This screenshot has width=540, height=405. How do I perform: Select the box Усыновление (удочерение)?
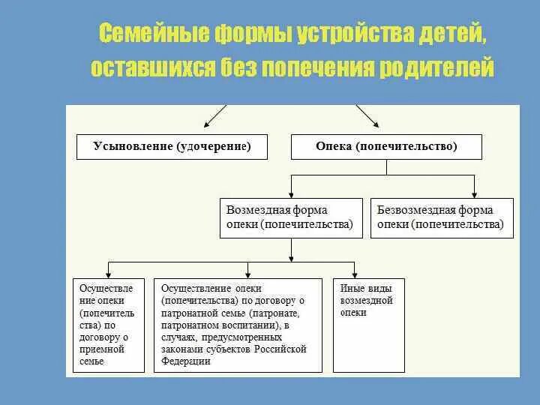pyautogui.click(x=172, y=146)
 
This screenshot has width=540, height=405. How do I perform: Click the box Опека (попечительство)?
pyautogui.click(x=386, y=146)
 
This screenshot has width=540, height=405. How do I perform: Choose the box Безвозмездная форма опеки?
pyautogui.click(x=442, y=217)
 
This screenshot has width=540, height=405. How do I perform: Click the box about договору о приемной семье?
pyautogui.click(x=107, y=325)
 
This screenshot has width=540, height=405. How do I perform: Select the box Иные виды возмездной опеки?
pyautogui.click(x=368, y=325)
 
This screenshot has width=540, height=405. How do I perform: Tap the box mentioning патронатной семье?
pyautogui.click(x=237, y=325)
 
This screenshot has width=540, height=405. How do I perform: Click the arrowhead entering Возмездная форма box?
pyautogui.click(x=291, y=193)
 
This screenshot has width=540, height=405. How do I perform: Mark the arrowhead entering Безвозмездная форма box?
pyautogui.click(x=473, y=193)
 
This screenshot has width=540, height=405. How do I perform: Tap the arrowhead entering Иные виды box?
pyautogui.click(x=355, y=274)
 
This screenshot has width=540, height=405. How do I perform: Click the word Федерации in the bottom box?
pyautogui.click(x=186, y=361)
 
